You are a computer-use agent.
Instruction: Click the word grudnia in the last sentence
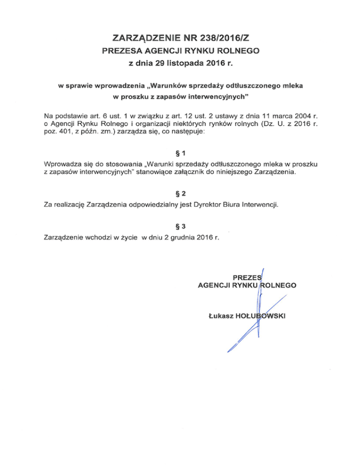pos(185,238)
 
